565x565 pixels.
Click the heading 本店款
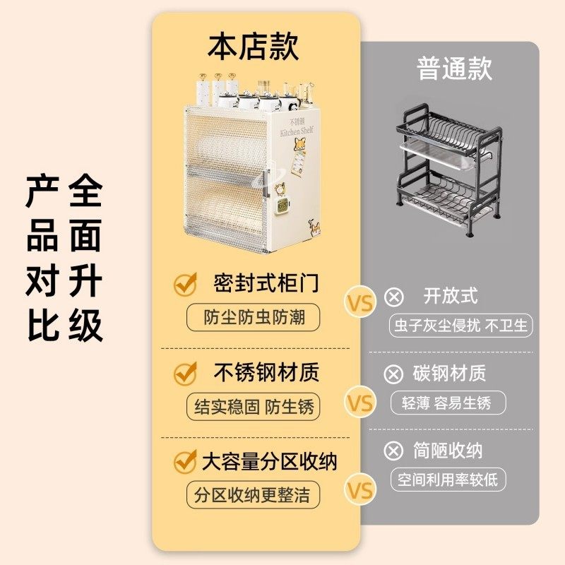click(x=253, y=47)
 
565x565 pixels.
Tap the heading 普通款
click(x=454, y=69)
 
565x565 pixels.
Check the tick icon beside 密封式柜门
click(x=185, y=285)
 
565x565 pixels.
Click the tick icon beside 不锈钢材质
click(x=185, y=373)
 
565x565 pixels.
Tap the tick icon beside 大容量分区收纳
click(x=185, y=463)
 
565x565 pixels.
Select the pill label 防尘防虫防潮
click(x=253, y=317)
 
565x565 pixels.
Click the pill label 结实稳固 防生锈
click(x=253, y=407)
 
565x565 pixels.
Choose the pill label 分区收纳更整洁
click(x=253, y=494)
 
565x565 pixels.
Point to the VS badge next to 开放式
click(x=359, y=303)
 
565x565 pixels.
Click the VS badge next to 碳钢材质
click(x=359, y=403)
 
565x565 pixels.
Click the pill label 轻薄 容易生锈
click(x=448, y=403)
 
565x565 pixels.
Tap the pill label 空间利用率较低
click(x=448, y=480)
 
